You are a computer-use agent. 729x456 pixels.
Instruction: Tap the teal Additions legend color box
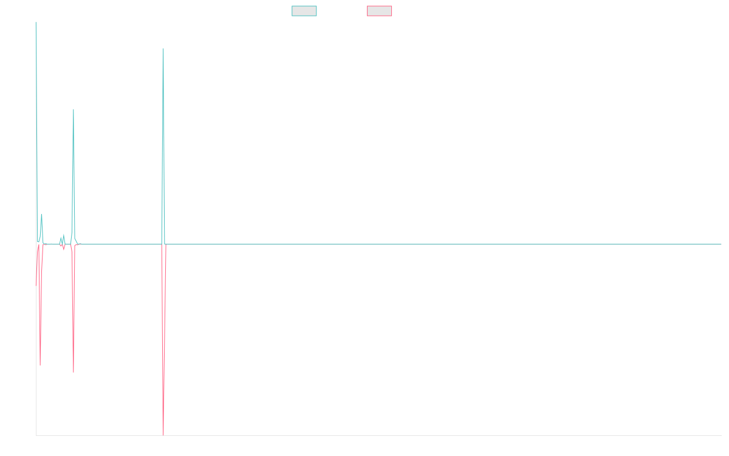304,11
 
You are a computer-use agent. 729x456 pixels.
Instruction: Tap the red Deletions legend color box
380,11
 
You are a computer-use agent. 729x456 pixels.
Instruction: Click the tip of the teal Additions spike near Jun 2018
163,49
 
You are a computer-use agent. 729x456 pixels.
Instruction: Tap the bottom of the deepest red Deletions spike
163,434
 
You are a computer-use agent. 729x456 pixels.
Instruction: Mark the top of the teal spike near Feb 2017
74,109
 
